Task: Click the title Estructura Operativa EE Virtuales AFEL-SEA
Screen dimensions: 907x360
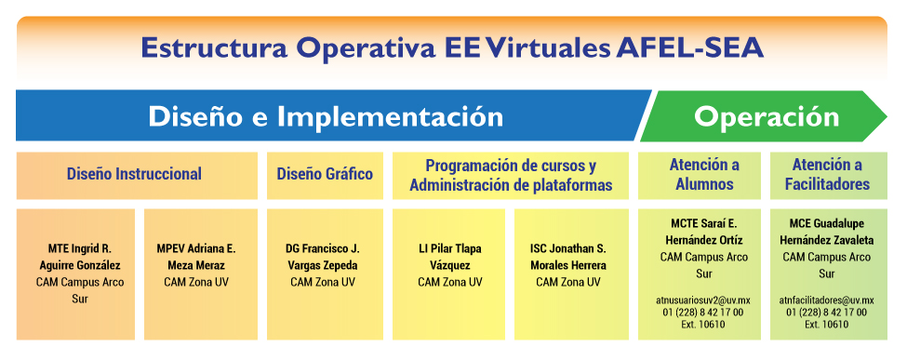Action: (x=452, y=48)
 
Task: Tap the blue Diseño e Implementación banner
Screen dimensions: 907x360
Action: (x=329, y=115)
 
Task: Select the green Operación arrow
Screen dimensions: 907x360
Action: (x=764, y=115)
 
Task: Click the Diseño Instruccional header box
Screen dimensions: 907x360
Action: (x=137, y=176)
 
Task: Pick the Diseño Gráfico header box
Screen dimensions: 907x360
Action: (x=325, y=176)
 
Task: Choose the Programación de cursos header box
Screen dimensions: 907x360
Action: (x=511, y=176)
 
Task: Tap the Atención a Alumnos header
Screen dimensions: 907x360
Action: (x=704, y=176)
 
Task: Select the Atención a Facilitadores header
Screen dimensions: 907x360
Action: (x=827, y=176)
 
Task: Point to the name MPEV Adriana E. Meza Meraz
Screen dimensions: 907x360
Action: (x=196, y=257)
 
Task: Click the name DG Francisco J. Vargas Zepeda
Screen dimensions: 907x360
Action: (x=322, y=257)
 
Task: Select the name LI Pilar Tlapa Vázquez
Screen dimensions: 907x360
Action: (x=450, y=257)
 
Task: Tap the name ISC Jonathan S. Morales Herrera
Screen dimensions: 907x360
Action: (x=568, y=257)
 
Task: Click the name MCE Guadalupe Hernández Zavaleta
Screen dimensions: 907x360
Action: (x=827, y=232)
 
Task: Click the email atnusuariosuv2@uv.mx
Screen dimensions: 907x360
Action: (x=703, y=301)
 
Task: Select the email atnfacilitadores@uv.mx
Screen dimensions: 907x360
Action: (x=827, y=301)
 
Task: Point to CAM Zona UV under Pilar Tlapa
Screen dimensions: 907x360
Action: (x=450, y=283)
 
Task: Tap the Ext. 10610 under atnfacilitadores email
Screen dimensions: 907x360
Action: (x=827, y=324)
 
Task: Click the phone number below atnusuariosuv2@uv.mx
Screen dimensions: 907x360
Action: (x=703, y=313)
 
